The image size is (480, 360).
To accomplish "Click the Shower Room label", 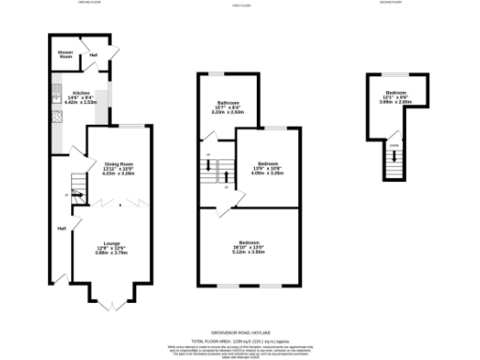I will coord(66,53).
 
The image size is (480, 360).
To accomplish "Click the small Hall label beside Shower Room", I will coord(93,55).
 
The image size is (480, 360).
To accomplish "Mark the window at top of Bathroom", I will coord(217,73).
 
